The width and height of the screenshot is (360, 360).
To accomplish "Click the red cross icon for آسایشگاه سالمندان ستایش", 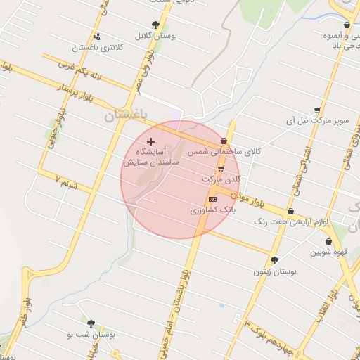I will point(150,141).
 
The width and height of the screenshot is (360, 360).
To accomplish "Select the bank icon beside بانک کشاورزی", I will point(213,199).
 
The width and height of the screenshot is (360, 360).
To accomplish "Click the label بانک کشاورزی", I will point(211,210).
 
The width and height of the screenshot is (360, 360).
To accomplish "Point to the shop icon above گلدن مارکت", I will point(221,169).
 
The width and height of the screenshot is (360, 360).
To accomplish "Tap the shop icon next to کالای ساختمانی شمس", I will point(224,141).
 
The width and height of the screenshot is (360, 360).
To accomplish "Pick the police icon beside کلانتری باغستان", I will point(96,37).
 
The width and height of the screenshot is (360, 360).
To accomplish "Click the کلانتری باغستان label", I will point(98,48).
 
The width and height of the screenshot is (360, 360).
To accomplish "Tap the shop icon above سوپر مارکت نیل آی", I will point(318,110).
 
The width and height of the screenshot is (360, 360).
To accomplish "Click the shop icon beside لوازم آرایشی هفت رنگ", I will point(291,211).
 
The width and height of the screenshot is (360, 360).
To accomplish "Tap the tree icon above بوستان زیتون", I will point(274,259).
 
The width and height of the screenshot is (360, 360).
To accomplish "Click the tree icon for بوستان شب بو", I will point(91,324).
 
